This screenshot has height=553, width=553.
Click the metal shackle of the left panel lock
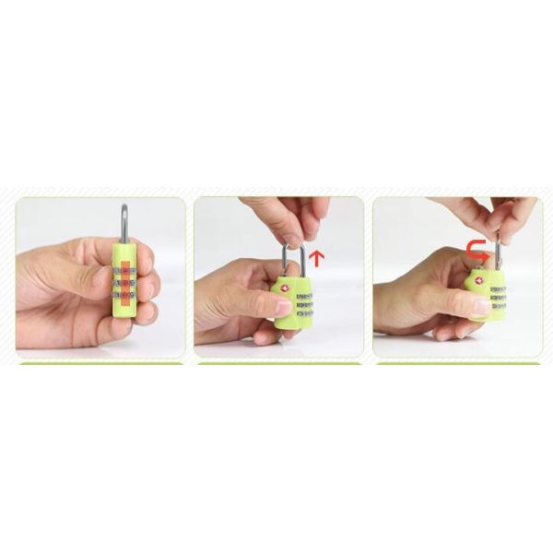(124, 223)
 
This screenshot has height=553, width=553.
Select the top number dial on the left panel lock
(124, 272)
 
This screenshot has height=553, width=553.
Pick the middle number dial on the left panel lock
(124, 284)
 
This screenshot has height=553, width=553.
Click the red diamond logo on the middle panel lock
(284, 287)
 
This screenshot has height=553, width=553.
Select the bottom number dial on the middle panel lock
(304, 313)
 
